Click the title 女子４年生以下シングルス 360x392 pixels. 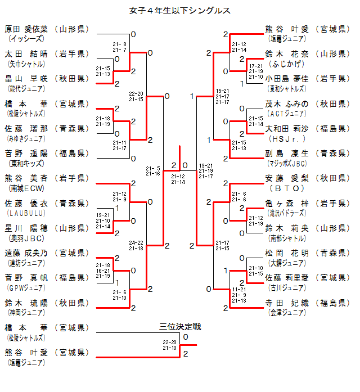(x=180, y=10)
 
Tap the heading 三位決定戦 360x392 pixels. (x=180, y=327)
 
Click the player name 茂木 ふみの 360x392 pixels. (x=287, y=103)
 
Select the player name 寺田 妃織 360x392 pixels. (x=287, y=303)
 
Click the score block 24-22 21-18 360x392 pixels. (x=136, y=245)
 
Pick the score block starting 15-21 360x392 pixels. (x=223, y=96)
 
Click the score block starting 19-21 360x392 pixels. (x=103, y=220)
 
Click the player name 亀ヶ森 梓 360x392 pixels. (x=287, y=203)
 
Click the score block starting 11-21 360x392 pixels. (x=239, y=294)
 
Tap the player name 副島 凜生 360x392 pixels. (x=287, y=154)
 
